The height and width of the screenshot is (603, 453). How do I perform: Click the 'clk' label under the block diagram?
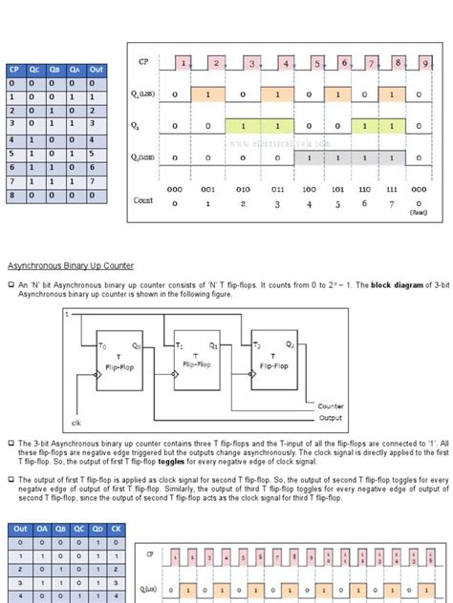76,422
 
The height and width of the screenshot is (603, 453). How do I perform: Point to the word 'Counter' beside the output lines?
332,405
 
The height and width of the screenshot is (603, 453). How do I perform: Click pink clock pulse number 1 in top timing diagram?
183,63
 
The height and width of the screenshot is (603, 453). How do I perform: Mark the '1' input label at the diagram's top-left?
67,314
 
